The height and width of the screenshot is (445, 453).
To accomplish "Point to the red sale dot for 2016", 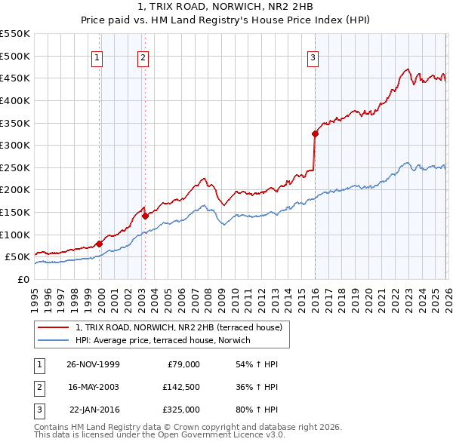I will [x=315, y=134].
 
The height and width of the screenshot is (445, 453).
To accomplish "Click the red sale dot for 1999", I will [x=99, y=244].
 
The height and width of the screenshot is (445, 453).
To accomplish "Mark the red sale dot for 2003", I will [x=145, y=216].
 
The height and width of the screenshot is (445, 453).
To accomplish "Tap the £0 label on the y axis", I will [x=23, y=279].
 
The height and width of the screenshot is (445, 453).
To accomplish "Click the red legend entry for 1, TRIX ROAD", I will [x=178, y=327].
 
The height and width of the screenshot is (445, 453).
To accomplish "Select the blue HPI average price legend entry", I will [x=162, y=341].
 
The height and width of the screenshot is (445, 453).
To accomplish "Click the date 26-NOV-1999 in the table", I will [x=93, y=364].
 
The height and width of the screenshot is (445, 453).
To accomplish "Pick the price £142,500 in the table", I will [x=180, y=387].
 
